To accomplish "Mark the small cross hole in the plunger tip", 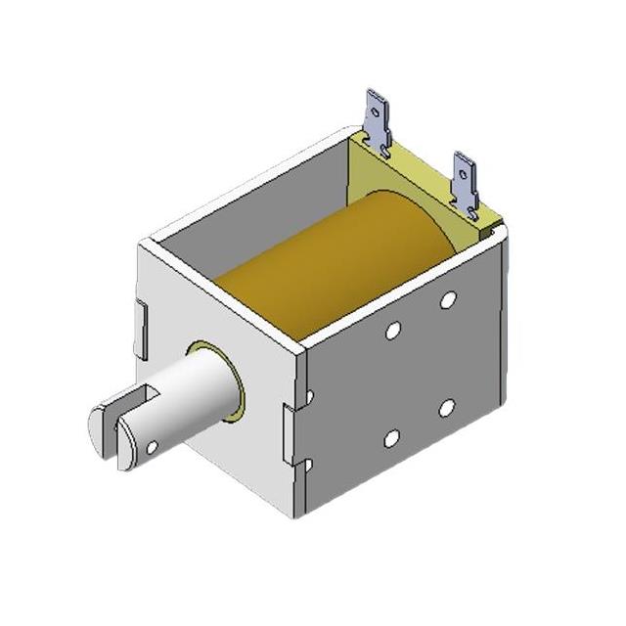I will (152, 447).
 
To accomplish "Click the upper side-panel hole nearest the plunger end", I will (392, 332).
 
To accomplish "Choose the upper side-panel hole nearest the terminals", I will (447, 299).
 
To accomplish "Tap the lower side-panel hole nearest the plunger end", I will (391, 439).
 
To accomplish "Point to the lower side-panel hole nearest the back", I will (446, 407).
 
